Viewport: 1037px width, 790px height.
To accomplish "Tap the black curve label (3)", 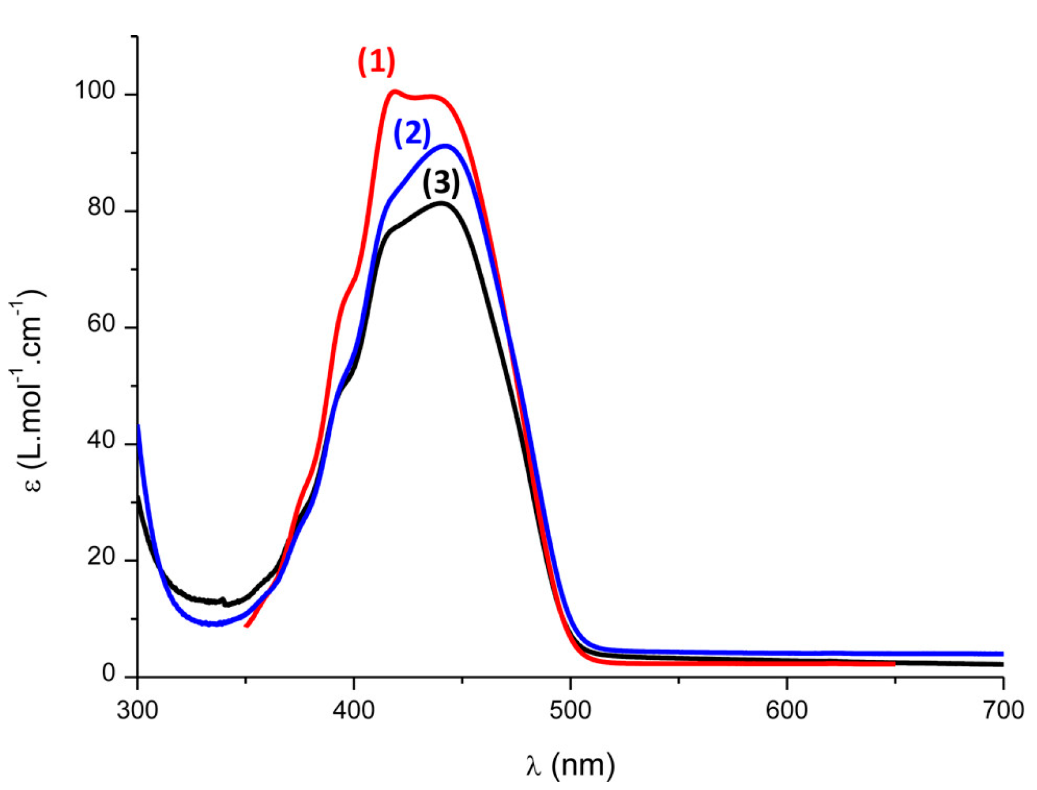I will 440,183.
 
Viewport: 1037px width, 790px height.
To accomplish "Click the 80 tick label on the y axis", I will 101,207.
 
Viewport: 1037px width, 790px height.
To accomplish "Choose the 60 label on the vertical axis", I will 101,324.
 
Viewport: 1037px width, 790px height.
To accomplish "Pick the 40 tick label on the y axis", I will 101,441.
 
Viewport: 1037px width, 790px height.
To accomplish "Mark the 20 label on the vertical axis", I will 101,557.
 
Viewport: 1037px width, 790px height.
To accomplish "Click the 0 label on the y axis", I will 109,673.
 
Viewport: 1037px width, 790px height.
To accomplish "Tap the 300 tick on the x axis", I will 138,710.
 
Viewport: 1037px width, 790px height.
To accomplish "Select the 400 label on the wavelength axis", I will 354,710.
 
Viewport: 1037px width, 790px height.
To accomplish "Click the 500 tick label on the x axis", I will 570,710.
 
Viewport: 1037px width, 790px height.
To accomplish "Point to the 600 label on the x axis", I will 786,710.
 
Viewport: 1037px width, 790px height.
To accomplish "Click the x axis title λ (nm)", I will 570,765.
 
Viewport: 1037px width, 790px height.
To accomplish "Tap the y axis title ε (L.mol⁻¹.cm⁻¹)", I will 28,390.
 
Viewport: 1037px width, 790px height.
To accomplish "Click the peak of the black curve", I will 442,203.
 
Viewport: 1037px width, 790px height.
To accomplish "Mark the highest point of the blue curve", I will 447,145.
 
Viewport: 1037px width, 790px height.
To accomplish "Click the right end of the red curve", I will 894,664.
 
